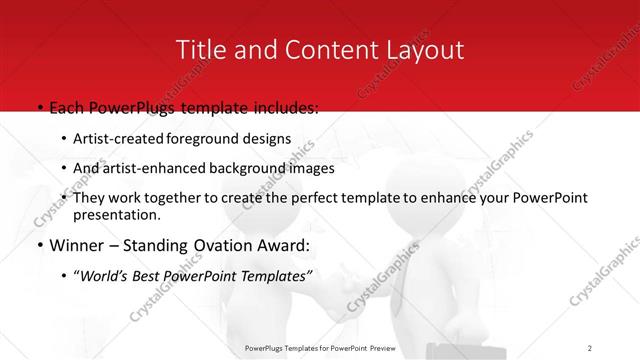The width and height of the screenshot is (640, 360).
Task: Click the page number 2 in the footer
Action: [590, 347]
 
